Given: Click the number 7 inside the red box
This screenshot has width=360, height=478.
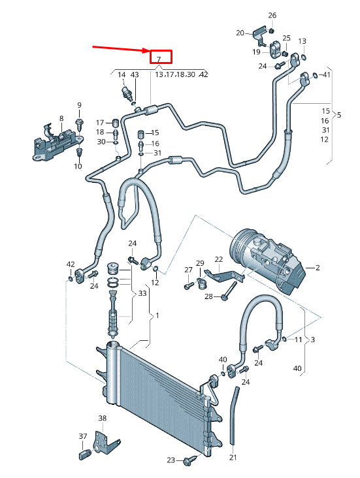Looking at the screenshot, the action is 159,59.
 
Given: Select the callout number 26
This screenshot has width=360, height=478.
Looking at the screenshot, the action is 272,15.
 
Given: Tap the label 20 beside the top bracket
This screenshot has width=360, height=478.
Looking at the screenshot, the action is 240,33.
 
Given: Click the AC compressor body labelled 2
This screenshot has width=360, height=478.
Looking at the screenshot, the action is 269,264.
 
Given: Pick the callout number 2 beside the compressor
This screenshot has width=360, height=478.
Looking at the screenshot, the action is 318,268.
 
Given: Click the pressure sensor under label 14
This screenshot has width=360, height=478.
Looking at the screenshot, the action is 127,93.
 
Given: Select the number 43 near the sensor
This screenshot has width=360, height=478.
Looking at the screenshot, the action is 135,74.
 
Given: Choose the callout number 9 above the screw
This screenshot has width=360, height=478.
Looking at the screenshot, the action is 79,105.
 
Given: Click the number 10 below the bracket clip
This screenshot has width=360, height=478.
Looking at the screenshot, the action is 78,166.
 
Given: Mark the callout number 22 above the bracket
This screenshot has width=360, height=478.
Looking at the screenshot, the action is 219,259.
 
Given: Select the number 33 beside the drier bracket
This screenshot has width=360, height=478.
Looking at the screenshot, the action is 142,293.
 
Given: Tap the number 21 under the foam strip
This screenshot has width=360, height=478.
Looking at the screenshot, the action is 233,457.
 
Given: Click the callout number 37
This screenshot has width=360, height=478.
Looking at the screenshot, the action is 83,437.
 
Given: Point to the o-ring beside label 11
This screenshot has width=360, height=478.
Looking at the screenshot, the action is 284,339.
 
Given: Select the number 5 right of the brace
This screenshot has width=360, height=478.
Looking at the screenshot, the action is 339,115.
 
